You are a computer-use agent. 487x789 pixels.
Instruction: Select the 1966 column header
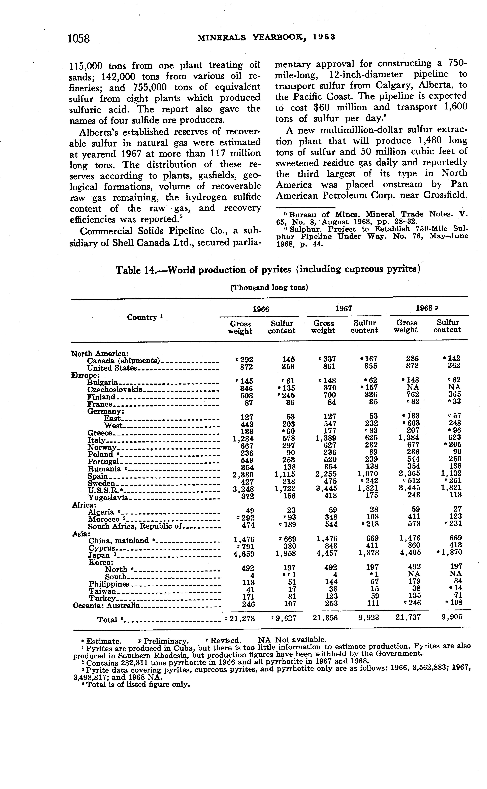261,309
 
